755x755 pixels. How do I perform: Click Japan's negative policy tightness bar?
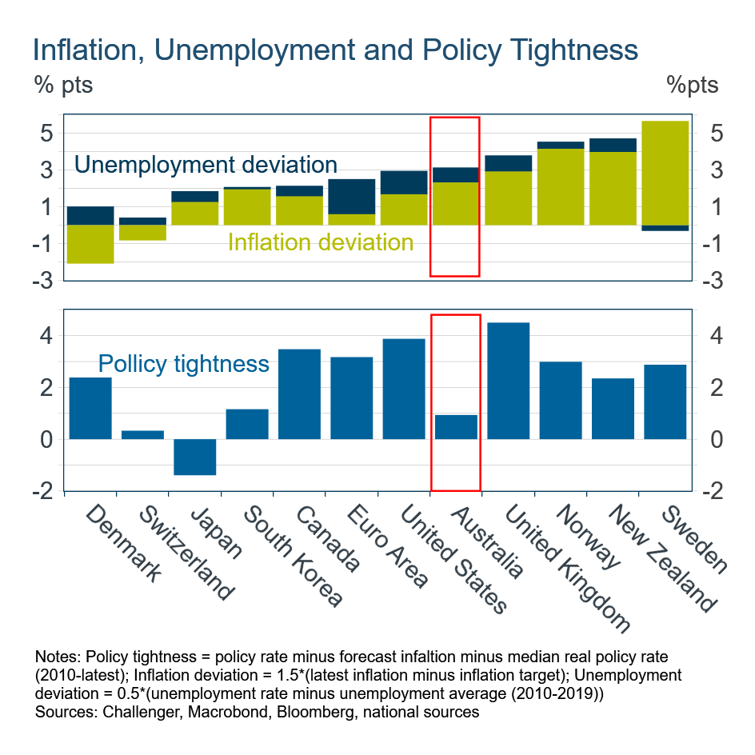click(x=194, y=457)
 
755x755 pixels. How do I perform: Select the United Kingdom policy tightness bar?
click(x=508, y=381)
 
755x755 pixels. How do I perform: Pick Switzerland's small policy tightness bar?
click(x=142, y=435)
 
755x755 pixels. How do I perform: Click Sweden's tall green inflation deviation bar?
click(x=665, y=173)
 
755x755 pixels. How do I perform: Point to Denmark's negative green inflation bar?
click(x=90, y=244)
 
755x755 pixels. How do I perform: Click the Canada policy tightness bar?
click(x=299, y=394)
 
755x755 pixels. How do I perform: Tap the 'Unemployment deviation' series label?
click(x=206, y=166)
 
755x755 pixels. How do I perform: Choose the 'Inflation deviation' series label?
click(x=321, y=242)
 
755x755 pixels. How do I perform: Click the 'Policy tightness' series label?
click(x=183, y=365)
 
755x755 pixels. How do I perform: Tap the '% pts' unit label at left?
click(x=63, y=85)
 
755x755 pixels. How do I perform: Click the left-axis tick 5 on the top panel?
click(x=47, y=133)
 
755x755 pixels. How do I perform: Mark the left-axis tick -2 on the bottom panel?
click(x=43, y=491)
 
